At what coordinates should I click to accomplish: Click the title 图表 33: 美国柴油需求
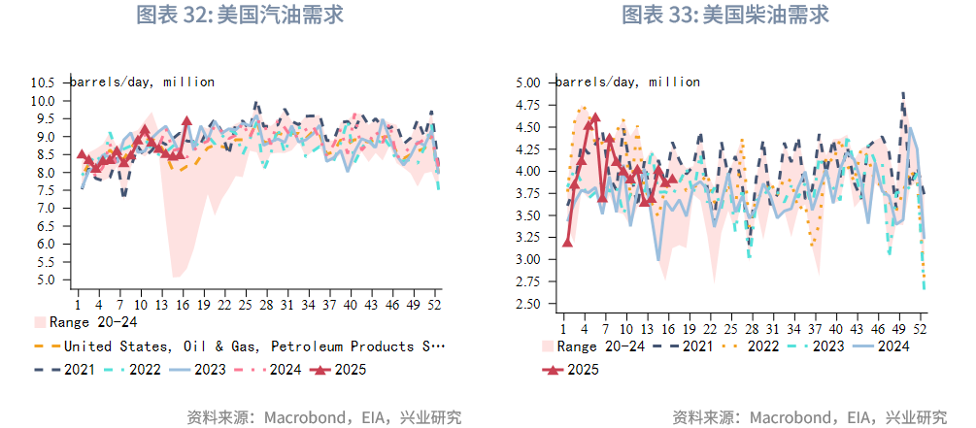coord(725,16)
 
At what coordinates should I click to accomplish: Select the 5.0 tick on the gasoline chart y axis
coord(47,280)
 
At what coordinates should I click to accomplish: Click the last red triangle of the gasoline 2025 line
coord(185,121)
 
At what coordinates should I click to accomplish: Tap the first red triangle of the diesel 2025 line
coord(567,242)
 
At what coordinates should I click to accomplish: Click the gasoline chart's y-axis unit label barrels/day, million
coord(142,82)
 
